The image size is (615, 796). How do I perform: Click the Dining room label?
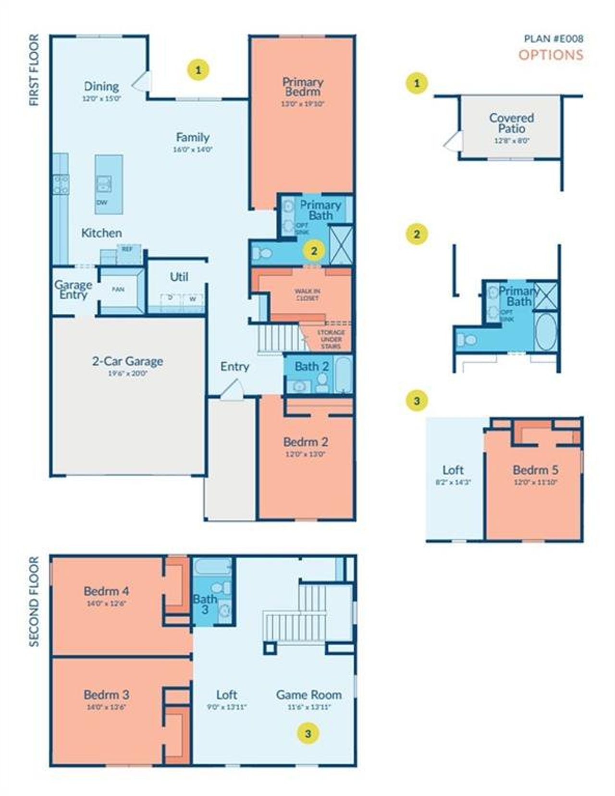101,86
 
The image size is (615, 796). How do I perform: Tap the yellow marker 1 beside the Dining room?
198,70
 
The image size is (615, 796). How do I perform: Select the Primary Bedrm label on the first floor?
302,87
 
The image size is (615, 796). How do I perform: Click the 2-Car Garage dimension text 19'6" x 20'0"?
127,373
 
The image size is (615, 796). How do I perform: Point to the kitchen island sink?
104,183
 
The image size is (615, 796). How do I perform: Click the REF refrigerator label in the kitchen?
127,249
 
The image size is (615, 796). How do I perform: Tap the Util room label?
179,277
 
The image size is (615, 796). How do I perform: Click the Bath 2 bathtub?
343,374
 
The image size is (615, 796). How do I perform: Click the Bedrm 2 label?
305,442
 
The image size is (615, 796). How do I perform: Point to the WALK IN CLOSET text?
307,294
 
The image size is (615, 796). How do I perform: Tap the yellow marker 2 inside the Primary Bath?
315,251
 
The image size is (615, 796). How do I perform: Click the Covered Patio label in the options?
511,123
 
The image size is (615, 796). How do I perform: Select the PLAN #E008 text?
553,39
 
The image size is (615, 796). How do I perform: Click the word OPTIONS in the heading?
551,55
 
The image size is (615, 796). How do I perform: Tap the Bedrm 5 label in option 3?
535,470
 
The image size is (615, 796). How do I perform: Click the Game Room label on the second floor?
309,695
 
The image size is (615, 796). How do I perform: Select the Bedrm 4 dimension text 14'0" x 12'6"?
106,603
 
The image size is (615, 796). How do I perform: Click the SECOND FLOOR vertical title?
34,602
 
